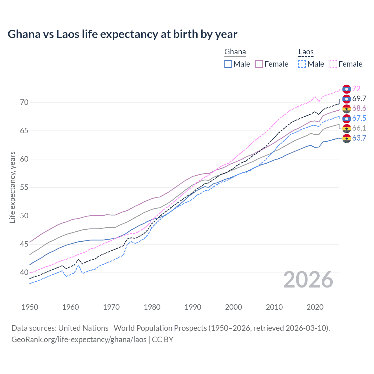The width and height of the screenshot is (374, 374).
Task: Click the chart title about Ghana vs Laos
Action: pos(122,34)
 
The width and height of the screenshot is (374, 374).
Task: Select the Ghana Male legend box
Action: pos(228,64)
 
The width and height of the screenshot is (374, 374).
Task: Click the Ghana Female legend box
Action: pos(259,64)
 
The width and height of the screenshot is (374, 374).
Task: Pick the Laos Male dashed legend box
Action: pos(302,64)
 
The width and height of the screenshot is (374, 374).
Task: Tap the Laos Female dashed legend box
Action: pos(333,64)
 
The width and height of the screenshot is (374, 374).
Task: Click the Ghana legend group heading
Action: pos(235,52)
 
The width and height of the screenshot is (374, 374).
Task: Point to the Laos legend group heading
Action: pos(306,52)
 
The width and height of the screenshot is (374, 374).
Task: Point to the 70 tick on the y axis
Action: pos(24,103)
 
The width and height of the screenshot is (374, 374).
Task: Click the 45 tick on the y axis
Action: pos(24,244)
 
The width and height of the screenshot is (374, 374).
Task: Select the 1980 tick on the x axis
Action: pos(152,307)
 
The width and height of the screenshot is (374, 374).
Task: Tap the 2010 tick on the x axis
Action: pos(274,307)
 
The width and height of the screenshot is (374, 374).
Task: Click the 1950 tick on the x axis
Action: pos(30,307)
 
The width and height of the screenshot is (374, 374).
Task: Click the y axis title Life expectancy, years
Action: pos(12,187)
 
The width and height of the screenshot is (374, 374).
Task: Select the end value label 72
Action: pos(356,89)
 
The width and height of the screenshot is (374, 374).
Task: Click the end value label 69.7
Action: pos(359,98)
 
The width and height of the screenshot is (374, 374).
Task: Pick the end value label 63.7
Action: pos(359,138)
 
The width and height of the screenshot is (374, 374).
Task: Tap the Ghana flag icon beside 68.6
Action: pos(347,108)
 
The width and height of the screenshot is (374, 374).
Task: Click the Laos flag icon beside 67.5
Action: pos(347,118)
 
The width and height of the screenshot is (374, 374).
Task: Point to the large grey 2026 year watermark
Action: pos(308,280)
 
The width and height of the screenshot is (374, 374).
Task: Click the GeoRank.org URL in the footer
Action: pos(79,340)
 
